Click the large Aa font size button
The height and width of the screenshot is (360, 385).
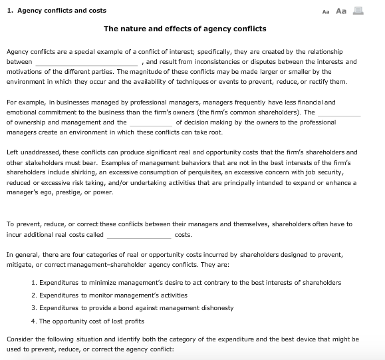tap(341, 11)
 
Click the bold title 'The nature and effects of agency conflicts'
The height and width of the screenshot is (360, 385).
tap(185, 29)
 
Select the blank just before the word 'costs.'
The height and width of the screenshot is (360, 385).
tap(138, 235)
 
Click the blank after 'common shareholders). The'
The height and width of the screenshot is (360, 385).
tap(338, 112)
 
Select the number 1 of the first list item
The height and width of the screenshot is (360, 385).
tap(33, 282)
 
